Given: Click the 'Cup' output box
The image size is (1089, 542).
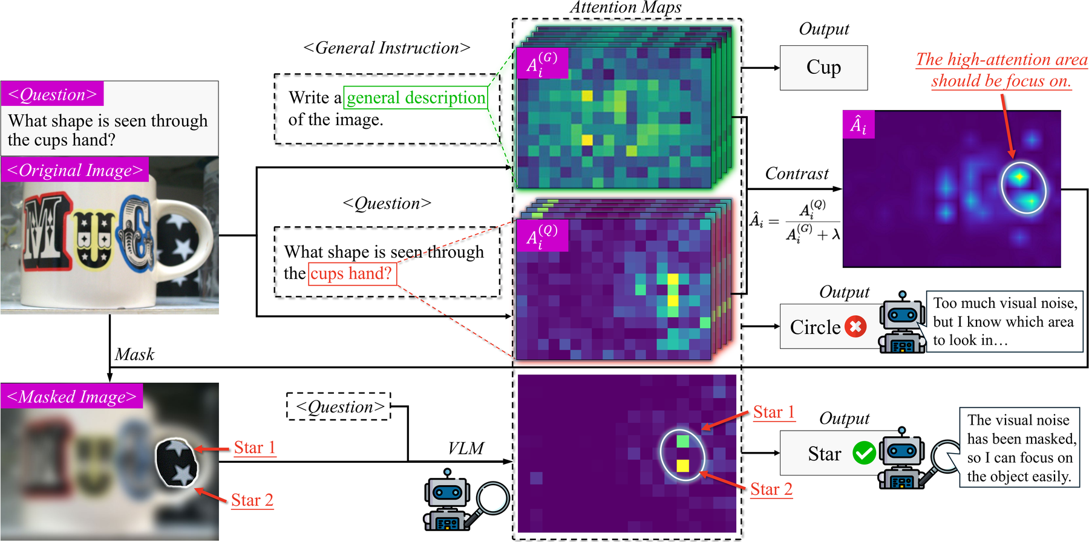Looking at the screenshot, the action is click(823, 68).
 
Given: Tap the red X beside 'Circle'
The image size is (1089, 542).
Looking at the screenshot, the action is click(855, 327).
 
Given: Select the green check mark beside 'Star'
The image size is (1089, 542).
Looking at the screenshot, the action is click(864, 452).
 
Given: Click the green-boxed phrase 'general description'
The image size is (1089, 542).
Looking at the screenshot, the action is click(416, 97).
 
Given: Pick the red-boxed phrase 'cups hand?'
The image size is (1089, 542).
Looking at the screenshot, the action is click(352, 273).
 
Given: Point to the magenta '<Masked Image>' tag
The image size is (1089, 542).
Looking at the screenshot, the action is click(72, 396).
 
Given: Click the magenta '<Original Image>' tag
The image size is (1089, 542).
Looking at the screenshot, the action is click(75, 170).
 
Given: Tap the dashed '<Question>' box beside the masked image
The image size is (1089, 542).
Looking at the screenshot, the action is click(339, 406).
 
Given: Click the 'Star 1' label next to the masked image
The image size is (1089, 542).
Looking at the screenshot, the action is click(254, 448).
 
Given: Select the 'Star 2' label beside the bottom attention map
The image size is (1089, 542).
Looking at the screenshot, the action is click(771, 489).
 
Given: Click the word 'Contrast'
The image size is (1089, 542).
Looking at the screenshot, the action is click(797, 174).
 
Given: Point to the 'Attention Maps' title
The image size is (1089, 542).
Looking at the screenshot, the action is click(626, 7).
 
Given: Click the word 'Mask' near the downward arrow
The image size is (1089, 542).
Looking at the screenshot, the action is click(134, 354).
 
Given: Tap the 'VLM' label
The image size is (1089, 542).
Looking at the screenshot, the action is click(466, 448).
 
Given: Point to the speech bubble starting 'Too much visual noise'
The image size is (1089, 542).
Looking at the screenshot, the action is click(1005, 321).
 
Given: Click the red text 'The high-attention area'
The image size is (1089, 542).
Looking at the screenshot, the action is click(1002, 59).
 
